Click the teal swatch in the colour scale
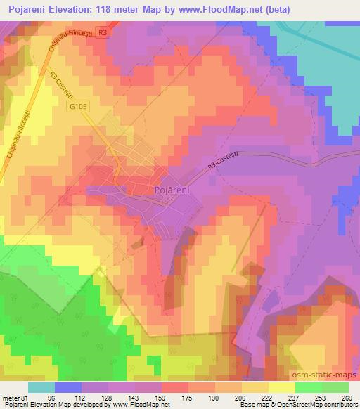(x=42, y=387)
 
